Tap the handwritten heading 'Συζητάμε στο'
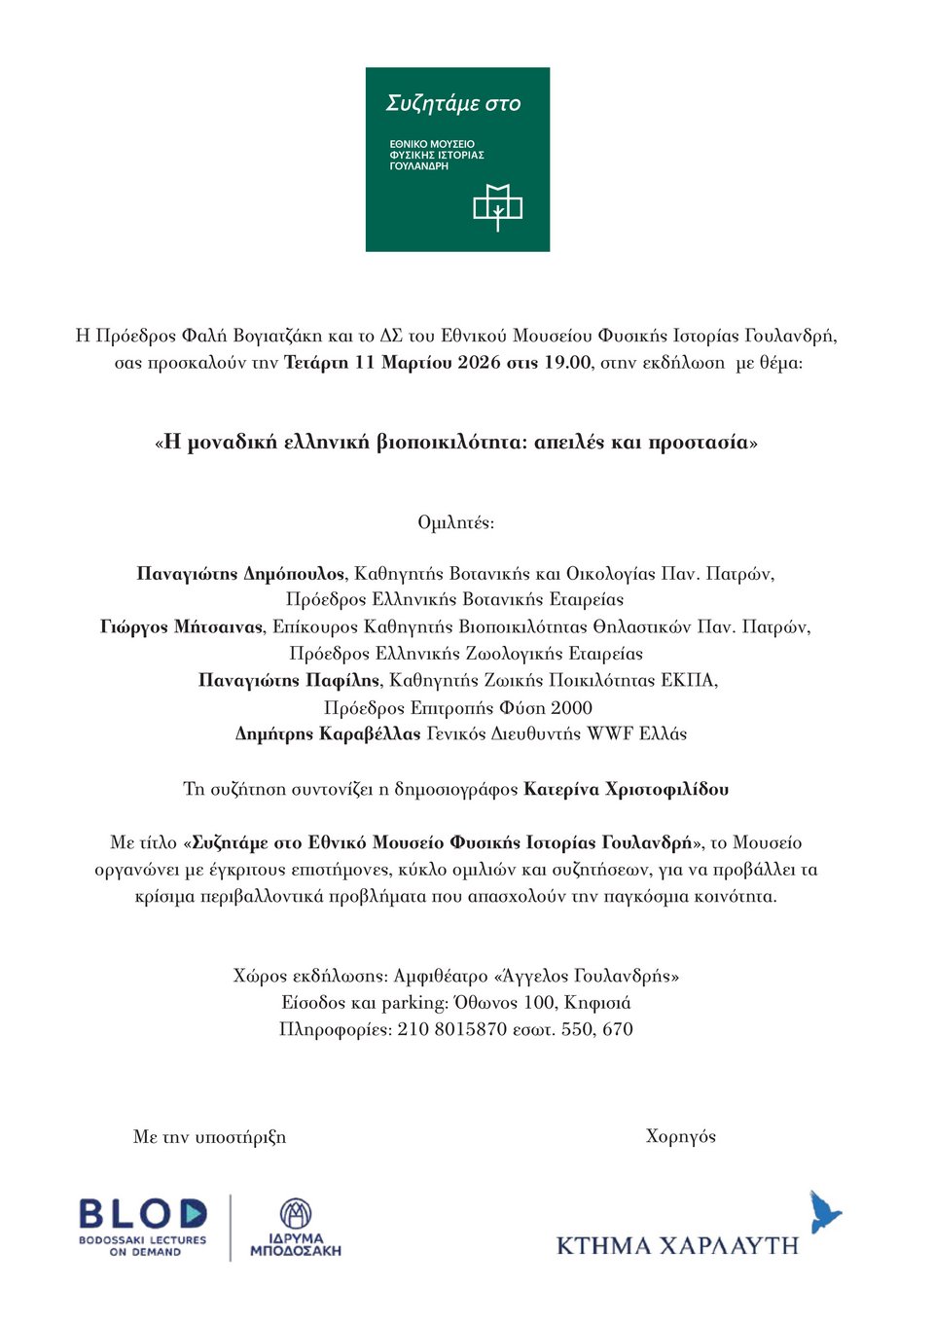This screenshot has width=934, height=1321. pos(453,103)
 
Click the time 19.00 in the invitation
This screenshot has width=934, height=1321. pos(567,363)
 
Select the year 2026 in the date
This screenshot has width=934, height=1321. pos(480,363)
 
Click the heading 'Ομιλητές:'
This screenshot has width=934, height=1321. pos(455,522)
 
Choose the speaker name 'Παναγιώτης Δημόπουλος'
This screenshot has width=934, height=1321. pos(240,574)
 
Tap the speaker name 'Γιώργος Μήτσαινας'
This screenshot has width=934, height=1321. pos(181,626)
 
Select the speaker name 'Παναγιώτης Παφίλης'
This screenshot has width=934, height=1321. pos(289,680)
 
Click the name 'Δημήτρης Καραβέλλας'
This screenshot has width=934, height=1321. pos(328,733)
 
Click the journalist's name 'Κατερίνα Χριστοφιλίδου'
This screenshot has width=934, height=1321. pos(626,789)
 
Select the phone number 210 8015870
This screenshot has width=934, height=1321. pos(451,1029)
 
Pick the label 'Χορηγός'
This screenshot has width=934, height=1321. pos(680,1136)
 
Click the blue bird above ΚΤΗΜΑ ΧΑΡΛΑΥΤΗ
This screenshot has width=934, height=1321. pos(825,1212)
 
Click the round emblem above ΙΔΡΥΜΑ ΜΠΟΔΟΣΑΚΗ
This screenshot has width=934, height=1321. pos(296,1214)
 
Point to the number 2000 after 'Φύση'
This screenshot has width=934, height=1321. pos(571,707)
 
